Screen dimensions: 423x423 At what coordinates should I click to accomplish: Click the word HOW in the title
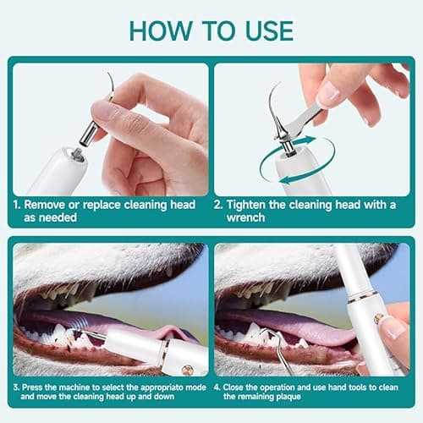[160, 30]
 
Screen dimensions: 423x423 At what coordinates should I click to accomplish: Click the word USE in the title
[269, 30]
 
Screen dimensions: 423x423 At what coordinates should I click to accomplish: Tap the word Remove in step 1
[44, 205]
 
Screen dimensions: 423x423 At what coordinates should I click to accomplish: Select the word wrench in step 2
[245, 217]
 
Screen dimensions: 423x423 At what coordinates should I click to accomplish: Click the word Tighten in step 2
[246, 205]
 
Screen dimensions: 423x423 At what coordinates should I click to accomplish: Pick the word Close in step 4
[233, 387]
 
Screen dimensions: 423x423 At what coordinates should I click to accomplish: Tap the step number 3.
[16, 387]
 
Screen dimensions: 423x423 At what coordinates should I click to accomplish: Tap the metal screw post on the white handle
[77, 155]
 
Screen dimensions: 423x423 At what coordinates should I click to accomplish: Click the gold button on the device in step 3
[187, 368]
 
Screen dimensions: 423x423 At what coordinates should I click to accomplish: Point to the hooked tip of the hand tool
[264, 332]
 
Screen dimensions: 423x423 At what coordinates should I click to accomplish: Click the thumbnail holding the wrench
[327, 93]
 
